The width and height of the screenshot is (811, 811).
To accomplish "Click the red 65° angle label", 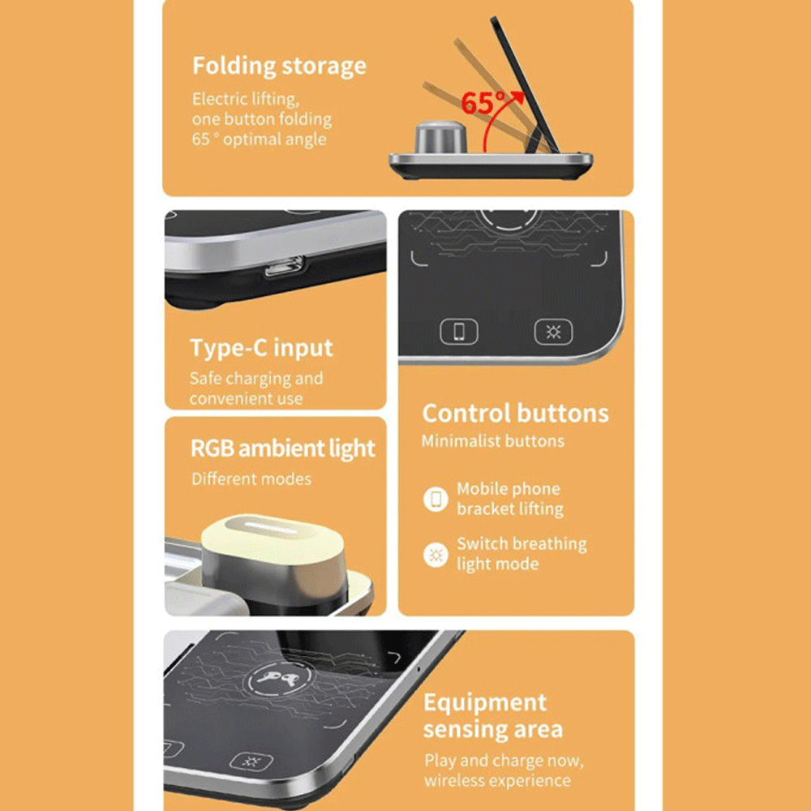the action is (483, 103).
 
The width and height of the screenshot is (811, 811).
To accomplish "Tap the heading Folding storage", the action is (279, 67).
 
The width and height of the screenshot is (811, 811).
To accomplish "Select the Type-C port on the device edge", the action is (284, 266).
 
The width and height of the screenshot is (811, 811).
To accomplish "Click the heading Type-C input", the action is (261, 348).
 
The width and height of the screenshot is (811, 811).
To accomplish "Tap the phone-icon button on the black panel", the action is (459, 331).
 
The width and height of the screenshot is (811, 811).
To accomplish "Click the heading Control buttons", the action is (515, 414).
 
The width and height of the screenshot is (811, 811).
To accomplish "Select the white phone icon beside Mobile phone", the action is (436, 499).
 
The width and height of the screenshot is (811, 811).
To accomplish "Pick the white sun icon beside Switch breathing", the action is (436, 555).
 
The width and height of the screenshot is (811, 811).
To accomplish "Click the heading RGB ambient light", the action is (282, 448).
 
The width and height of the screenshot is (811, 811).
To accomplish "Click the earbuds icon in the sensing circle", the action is (279, 678).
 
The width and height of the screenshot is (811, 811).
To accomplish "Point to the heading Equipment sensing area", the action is (493, 716).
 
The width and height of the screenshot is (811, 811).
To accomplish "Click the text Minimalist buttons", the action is (492, 441).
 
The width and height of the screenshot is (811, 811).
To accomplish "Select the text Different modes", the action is (251, 479).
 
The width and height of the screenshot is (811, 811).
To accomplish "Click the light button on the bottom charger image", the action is (251, 761).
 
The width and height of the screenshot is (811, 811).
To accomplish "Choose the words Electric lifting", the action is (246, 99).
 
